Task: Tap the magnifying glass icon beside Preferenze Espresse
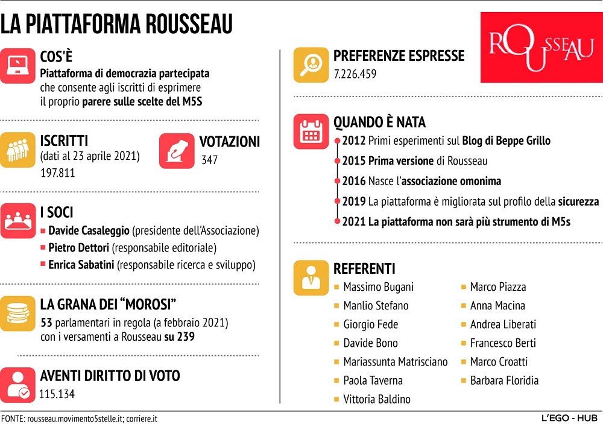311,65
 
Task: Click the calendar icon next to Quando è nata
311,131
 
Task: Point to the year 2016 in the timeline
354,181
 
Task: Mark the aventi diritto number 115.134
60,394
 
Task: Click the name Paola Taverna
373,381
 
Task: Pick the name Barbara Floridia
504,381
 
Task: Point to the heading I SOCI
57,212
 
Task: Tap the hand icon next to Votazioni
177,151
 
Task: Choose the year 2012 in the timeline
354,141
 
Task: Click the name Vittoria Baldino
376,399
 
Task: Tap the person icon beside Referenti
311,278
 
